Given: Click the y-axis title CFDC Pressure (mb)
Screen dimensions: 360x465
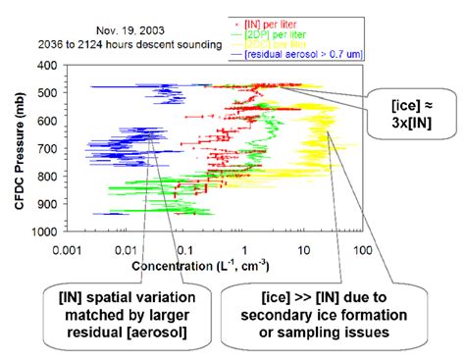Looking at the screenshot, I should coord(21,147).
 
